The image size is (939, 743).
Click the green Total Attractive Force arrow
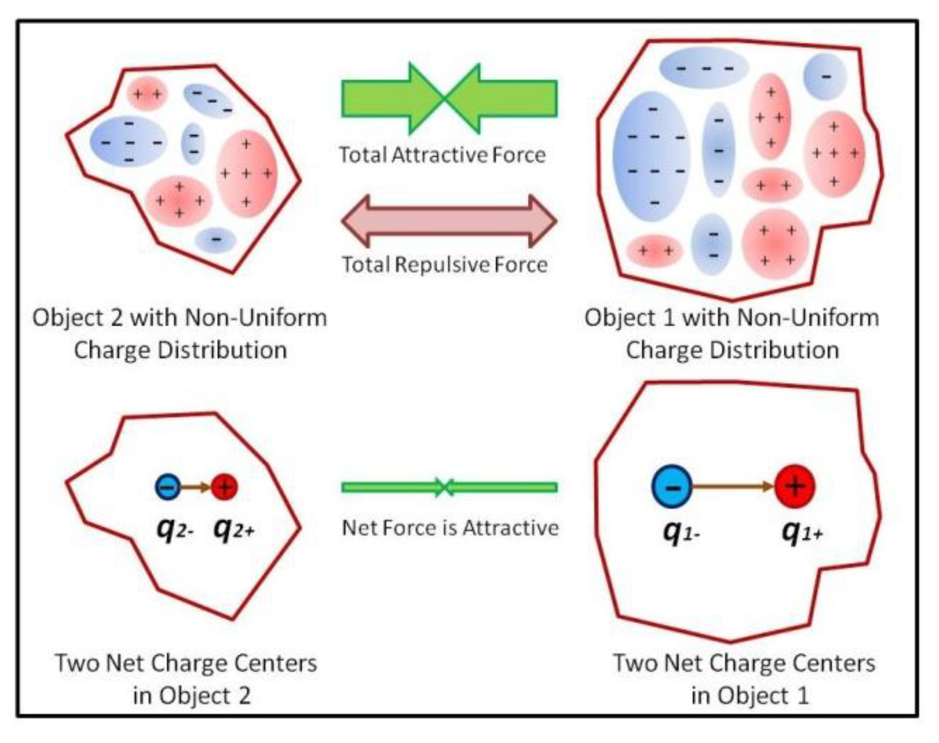tap(449, 98)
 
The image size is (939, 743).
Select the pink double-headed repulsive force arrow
tap(449, 221)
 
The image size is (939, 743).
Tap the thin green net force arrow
tap(449, 487)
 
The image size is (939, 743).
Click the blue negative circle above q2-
tap(168, 487)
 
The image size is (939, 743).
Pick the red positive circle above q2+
tap(225, 487)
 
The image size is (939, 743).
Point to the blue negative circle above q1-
tap(672, 487)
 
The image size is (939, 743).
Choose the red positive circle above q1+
tap(795, 487)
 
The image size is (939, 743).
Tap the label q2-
tap(175, 529)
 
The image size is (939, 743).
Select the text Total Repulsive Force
tap(445, 265)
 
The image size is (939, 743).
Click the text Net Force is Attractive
tap(450, 528)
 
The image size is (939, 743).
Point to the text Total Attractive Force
tap(442, 155)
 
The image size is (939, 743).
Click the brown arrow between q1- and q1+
tap(733, 486)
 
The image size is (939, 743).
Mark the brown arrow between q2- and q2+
tap(196, 487)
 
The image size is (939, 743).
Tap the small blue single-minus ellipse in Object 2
tap(216, 240)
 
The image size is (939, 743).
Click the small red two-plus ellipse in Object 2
tap(147, 94)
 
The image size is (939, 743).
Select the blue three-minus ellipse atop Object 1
tap(704, 68)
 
